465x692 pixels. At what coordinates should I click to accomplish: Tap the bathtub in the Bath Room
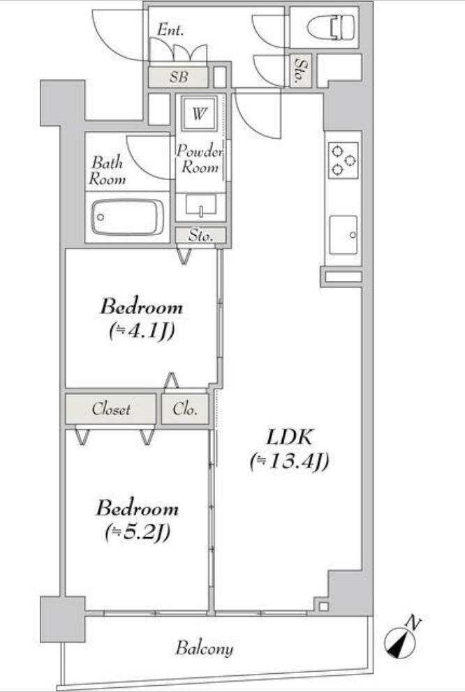[x=128, y=218]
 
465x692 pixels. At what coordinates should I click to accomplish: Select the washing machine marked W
[x=200, y=113]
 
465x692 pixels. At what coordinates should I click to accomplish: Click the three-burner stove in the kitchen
[x=343, y=160]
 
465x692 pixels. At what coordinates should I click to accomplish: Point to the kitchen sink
[x=343, y=234]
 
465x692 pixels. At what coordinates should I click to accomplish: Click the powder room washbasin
[x=201, y=206]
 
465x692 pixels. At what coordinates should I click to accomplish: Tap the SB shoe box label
[x=179, y=77]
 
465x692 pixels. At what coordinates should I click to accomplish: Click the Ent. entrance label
[x=170, y=30]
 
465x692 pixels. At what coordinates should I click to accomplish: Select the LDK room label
[x=290, y=437]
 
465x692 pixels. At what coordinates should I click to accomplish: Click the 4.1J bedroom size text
[x=141, y=331]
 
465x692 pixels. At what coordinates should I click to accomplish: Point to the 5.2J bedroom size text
[x=138, y=533]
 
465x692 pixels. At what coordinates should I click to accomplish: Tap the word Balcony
[x=205, y=648]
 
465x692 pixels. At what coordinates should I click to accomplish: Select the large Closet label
[x=111, y=409]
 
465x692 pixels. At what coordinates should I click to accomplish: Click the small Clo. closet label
[x=185, y=409]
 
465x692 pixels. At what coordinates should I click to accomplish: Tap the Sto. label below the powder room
[x=201, y=236]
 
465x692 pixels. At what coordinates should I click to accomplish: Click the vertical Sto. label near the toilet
[x=300, y=70]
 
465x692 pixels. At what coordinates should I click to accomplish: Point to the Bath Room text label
[x=108, y=171]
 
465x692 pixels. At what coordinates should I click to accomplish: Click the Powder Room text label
[x=200, y=158]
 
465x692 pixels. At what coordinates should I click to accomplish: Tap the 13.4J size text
[x=289, y=462]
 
